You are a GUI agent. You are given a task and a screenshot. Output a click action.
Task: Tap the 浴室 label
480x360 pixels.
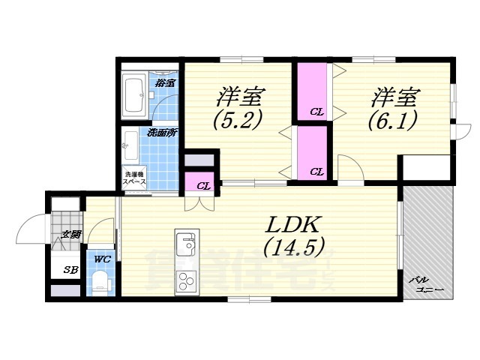pyautogui.click(x=166, y=82)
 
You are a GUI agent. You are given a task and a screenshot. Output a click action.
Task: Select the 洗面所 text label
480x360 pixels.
pyautogui.click(x=161, y=133)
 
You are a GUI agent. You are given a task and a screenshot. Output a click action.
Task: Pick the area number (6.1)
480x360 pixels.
pyautogui.click(x=392, y=120)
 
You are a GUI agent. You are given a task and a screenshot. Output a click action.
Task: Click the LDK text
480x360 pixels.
pyautogui.click(x=293, y=224)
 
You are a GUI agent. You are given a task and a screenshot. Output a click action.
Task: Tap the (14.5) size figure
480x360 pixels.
pyautogui.click(x=293, y=246)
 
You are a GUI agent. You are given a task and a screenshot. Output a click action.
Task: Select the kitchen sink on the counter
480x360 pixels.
pyautogui.click(x=185, y=244)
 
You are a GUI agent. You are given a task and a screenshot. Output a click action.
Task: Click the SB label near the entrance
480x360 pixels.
pyautogui.click(x=69, y=270)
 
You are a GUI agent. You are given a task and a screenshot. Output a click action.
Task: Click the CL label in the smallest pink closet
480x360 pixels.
pyautogui.click(x=202, y=185)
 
